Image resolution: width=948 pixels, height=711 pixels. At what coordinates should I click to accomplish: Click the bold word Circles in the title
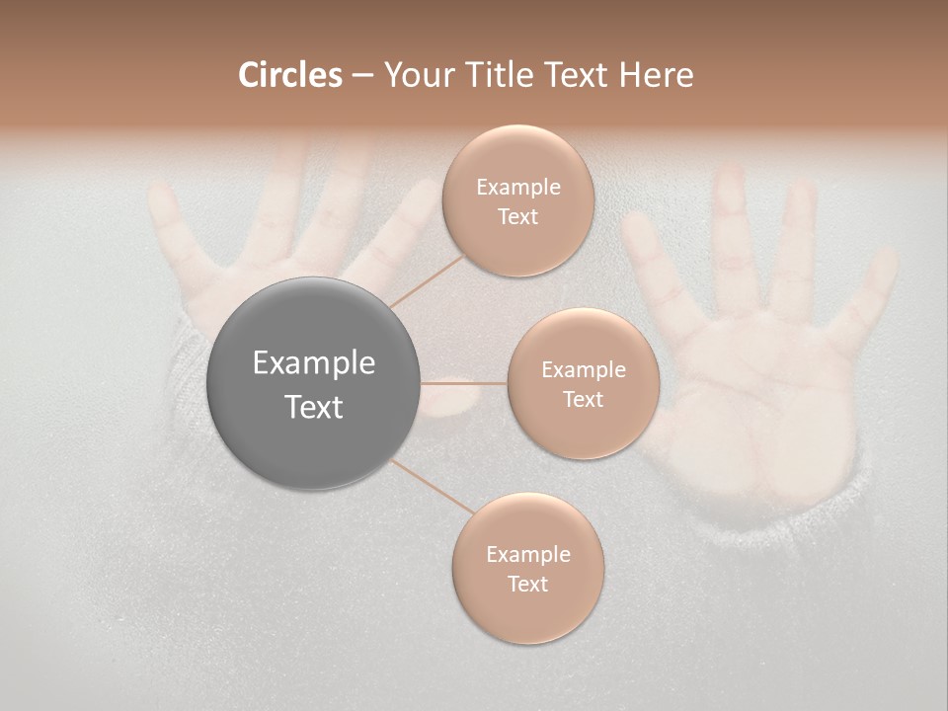[289, 75]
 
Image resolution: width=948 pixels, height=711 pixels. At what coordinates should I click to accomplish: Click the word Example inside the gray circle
[314, 363]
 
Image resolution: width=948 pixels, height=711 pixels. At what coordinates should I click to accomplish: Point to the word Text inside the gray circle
[314, 407]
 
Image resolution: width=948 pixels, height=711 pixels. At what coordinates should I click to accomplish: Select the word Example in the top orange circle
[517, 188]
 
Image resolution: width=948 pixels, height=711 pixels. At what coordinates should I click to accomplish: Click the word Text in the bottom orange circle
[527, 584]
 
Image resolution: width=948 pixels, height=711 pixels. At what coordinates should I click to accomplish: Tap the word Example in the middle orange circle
[583, 370]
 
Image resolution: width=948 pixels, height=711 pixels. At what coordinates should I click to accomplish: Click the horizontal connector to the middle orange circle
[464, 383]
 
